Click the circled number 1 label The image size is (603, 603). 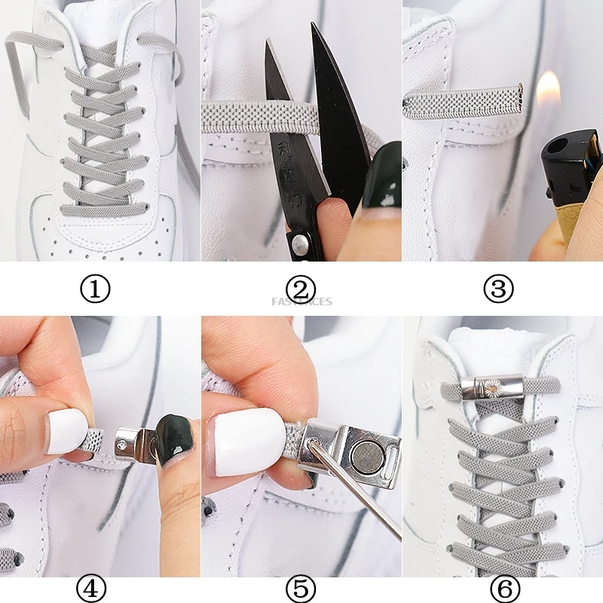[x=95, y=289]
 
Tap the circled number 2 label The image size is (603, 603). [x=301, y=289]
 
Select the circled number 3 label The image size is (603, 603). [x=498, y=289]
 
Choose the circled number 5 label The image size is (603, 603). [x=301, y=587]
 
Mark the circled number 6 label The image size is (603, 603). [x=504, y=587]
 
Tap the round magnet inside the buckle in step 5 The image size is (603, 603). [x=365, y=455]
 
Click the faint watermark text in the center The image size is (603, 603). [x=301, y=301]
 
